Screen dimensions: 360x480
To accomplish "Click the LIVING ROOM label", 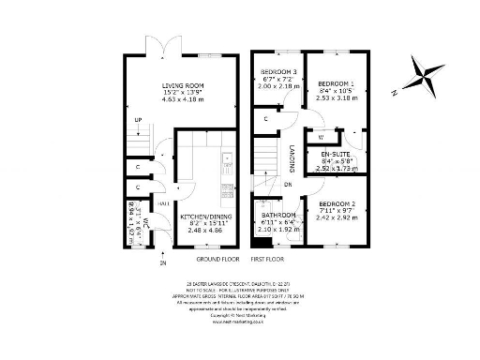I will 183,85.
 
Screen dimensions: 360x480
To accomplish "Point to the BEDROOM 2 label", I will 337,203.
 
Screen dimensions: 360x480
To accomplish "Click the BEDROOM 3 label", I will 278,72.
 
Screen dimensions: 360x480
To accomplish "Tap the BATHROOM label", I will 277,215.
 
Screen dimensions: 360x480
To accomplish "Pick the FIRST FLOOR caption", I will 268,258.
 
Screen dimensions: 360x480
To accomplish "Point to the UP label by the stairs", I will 139,119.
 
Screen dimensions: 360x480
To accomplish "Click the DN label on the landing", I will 288,185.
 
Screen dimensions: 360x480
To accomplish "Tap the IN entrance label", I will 138,263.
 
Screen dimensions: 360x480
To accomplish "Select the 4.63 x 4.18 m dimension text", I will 183,100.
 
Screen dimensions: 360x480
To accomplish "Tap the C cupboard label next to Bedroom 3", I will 267,119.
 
